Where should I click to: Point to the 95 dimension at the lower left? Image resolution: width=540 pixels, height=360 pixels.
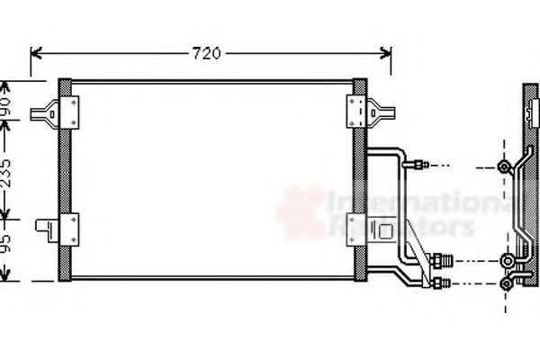point(7,245)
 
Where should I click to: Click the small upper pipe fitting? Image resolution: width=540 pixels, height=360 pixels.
point(418,165)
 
